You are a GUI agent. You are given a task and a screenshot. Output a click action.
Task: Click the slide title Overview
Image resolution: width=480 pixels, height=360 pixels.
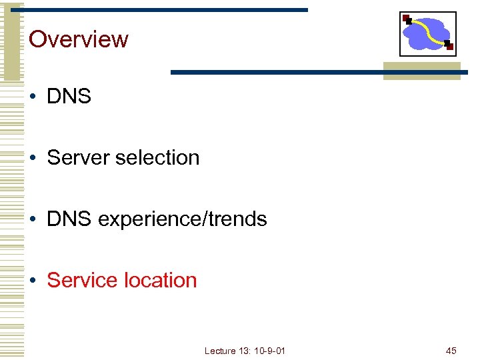(x=78, y=39)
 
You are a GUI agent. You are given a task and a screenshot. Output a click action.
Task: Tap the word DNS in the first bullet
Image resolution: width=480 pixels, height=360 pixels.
(x=69, y=96)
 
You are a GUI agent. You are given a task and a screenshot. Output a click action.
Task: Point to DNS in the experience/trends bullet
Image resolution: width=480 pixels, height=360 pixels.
(x=69, y=219)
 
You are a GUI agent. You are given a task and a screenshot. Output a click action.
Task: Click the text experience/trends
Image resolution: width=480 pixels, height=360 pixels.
(x=182, y=219)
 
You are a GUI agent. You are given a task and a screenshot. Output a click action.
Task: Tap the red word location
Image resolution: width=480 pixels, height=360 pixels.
(x=159, y=280)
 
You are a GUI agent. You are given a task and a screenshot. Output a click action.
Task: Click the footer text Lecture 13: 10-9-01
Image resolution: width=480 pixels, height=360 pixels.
(x=245, y=351)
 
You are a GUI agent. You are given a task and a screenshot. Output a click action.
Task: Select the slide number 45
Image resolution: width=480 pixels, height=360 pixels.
(x=451, y=351)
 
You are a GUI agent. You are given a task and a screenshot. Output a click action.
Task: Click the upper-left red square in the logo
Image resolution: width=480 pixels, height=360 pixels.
(x=406, y=18)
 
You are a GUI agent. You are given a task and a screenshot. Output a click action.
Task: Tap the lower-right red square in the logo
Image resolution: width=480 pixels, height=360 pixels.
(x=449, y=46)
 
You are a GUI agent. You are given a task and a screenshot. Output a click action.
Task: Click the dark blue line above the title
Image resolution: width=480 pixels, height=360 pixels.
(x=167, y=10)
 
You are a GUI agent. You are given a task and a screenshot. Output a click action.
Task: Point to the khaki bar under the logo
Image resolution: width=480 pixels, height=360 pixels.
(x=421, y=71)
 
